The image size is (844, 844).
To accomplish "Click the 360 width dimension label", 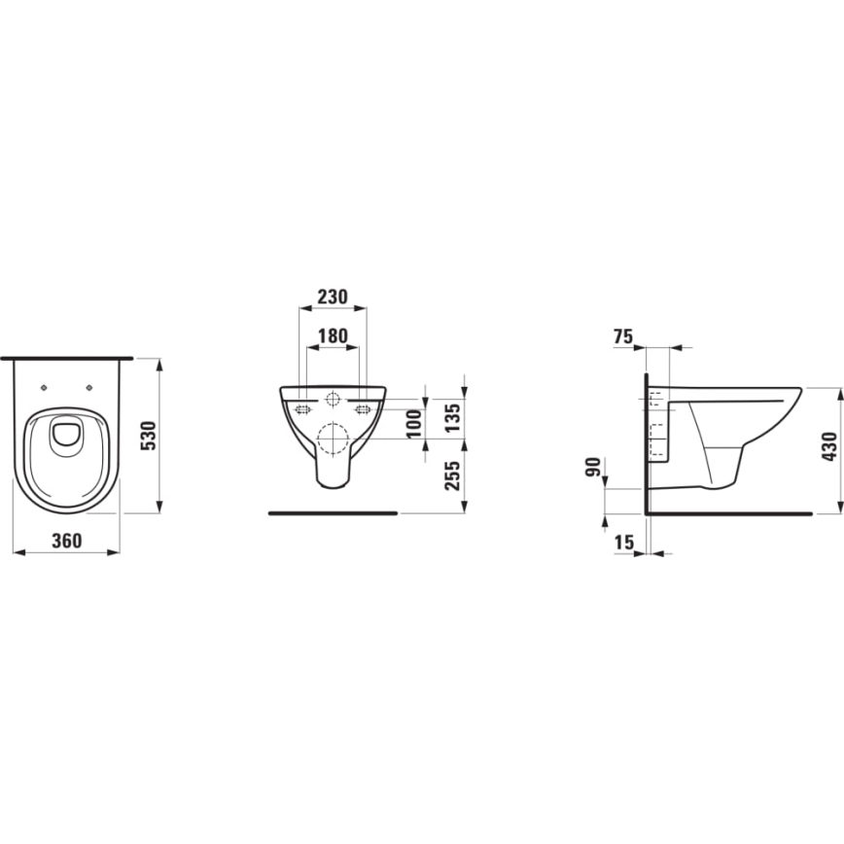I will (66, 540).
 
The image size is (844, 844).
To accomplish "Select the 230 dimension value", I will (332, 297).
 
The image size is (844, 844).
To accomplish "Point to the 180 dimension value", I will (333, 336).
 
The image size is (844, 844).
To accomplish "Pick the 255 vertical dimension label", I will (452, 474).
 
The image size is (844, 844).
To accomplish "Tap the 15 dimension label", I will (623, 543).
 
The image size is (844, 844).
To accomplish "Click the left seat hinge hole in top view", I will (44, 388).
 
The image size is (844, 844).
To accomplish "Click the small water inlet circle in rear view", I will (333, 399).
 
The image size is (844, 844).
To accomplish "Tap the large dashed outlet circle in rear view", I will (333, 440).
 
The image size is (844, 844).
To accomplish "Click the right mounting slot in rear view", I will (364, 409).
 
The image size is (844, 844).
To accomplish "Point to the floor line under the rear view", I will (332, 511).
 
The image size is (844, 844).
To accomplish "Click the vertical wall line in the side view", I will (646, 438).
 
